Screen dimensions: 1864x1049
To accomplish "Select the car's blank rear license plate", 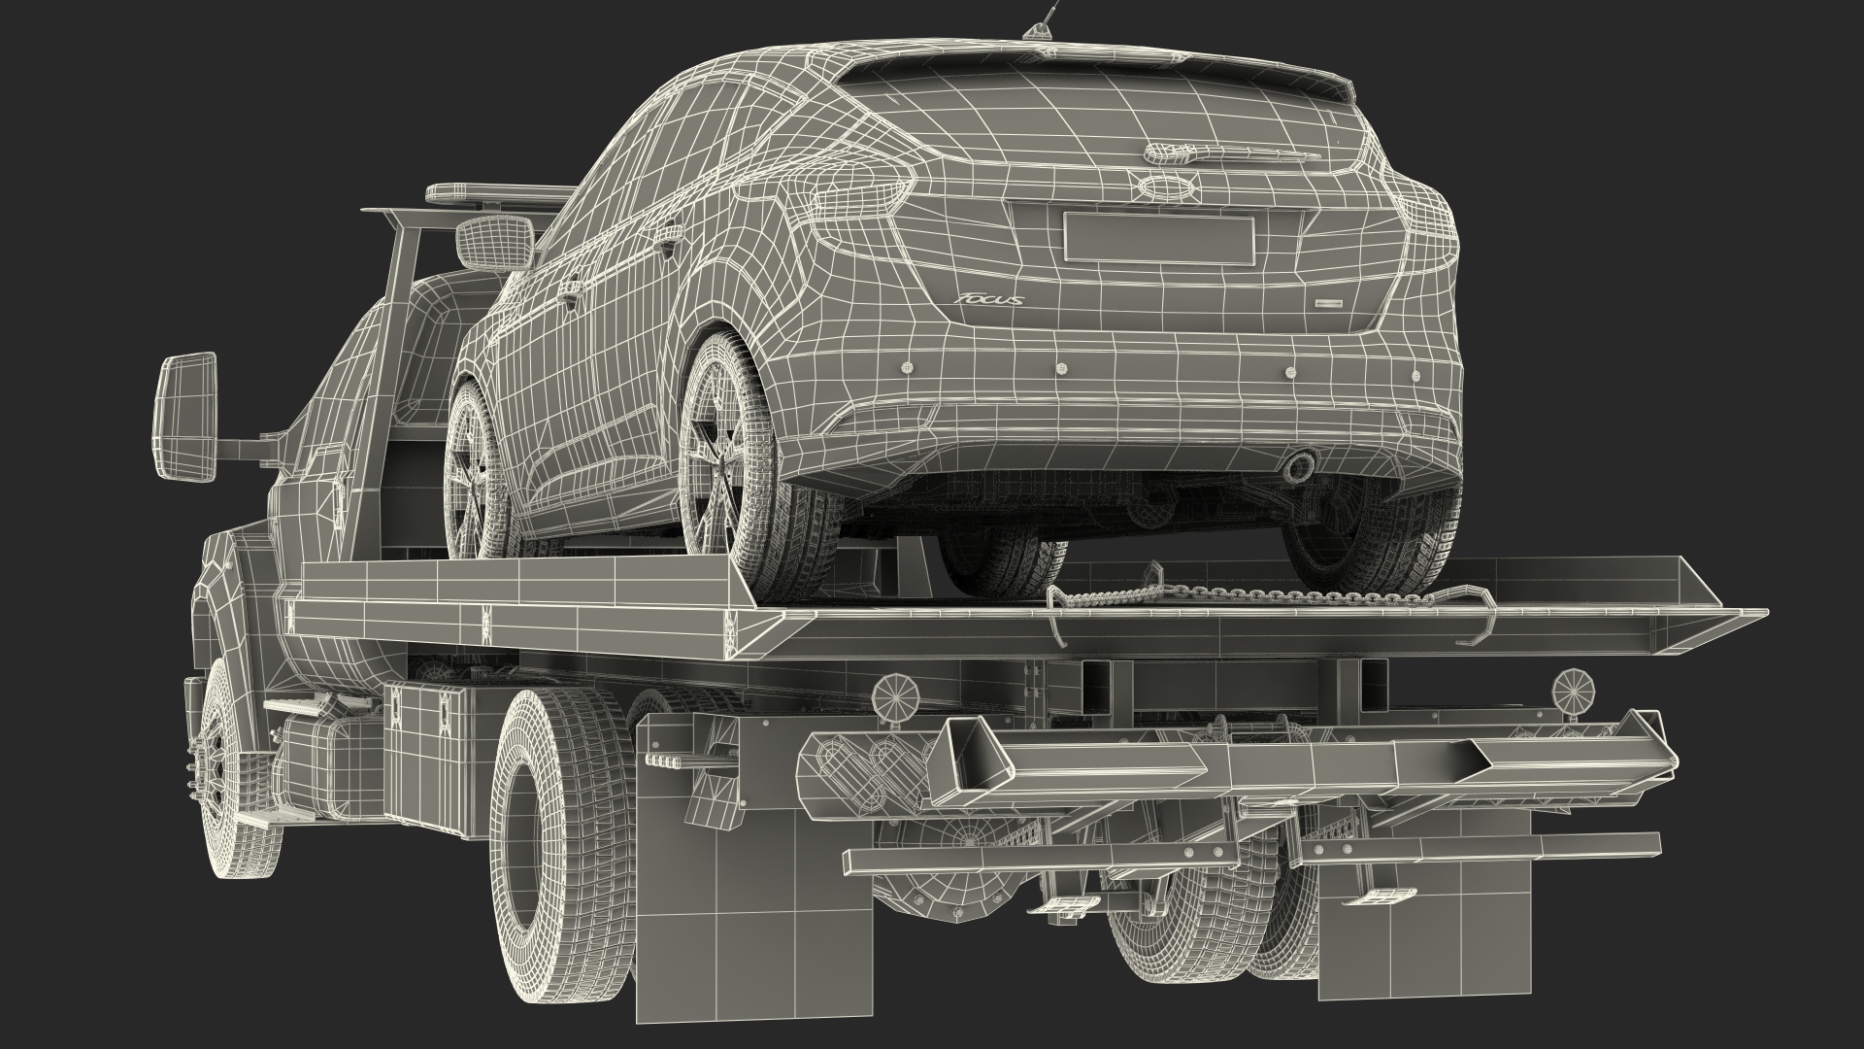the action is point(1158,238).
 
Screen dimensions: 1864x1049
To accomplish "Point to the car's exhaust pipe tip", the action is point(1298,469).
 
